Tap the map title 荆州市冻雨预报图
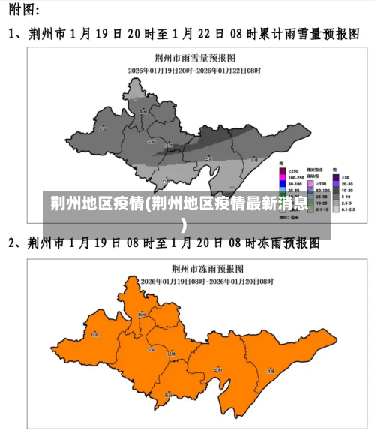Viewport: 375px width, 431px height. pos(196,268)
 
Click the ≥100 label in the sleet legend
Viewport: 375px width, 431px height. pos(322,183)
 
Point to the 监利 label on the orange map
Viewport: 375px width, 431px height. pos(217,370)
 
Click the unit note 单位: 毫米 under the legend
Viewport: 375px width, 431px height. pos(289,218)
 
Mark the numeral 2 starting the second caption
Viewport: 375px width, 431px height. pos(13,243)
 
